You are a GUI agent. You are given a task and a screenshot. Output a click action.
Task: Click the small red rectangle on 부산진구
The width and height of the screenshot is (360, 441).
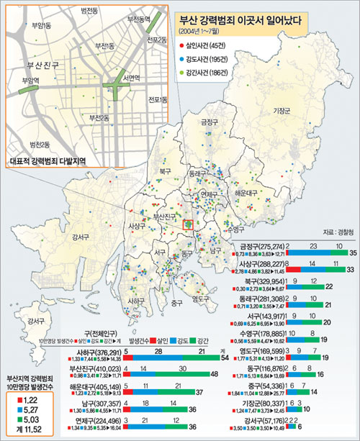coord(188,225)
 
